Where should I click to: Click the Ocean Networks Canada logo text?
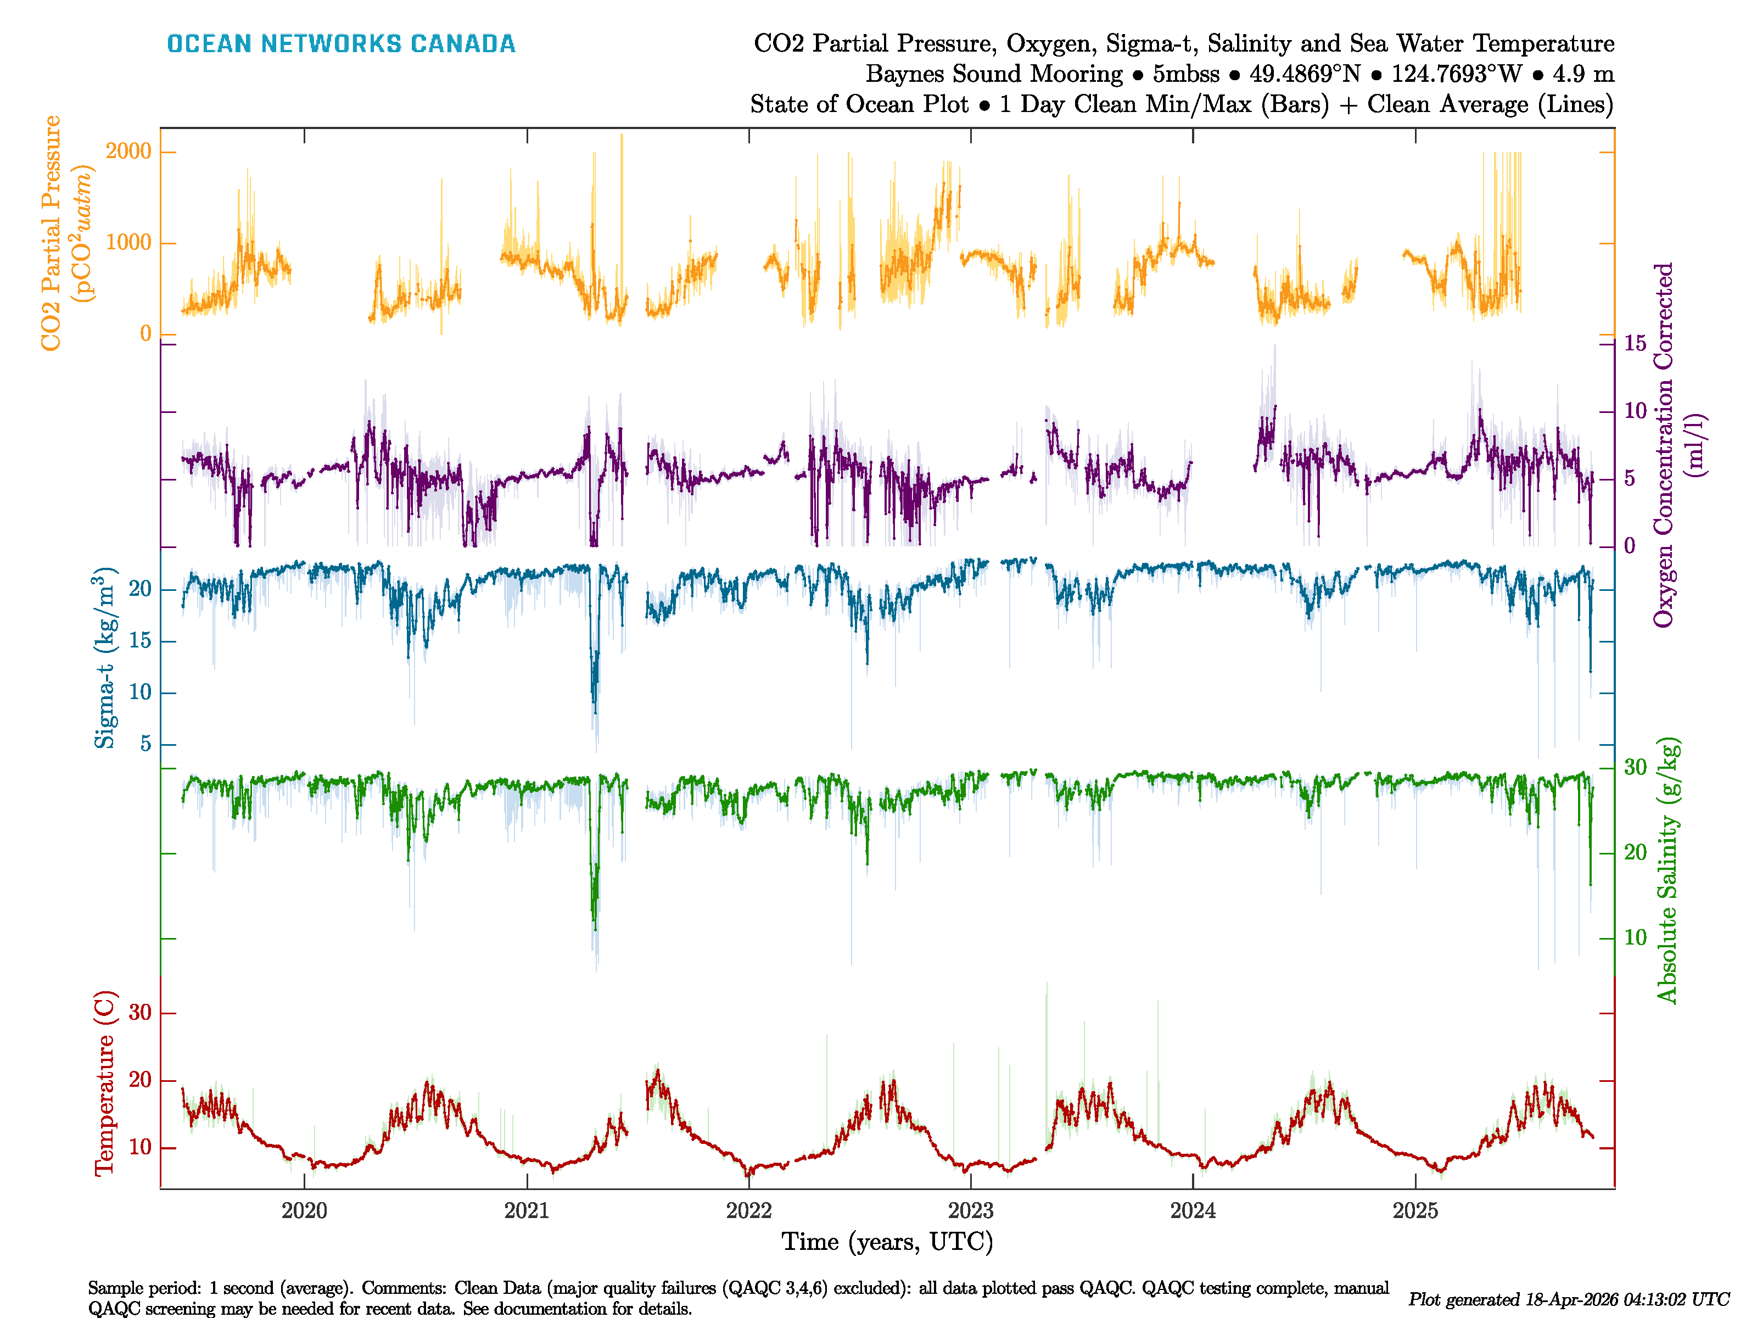(341, 44)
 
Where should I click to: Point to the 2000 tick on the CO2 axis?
(128, 151)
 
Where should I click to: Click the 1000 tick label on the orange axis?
(128, 242)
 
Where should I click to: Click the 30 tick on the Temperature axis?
(140, 1012)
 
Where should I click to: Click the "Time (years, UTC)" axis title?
(887, 1241)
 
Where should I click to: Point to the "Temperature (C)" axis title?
(104, 1082)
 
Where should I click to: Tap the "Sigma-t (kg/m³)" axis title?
(104, 658)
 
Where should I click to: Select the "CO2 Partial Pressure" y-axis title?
(51, 232)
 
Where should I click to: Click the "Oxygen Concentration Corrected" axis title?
(1663, 445)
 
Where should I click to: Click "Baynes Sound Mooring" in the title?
(994, 74)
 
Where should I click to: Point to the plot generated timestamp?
(1568, 1299)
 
